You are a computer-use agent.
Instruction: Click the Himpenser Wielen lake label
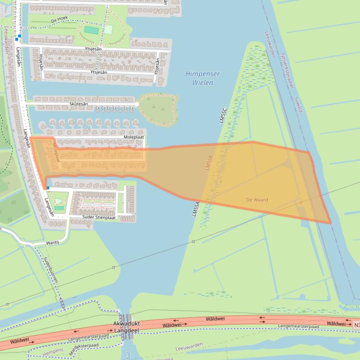(x=202, y=79)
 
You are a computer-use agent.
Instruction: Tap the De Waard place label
(x=257, y=200)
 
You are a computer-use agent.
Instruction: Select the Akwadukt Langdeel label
(x=127, y=327)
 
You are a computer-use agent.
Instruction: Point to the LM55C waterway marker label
(x=223, y=115)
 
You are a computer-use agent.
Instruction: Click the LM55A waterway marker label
(x=196, y=208)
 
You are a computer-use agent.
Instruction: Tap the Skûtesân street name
(x=78, y=104)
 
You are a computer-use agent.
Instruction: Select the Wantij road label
(x=52, y=243)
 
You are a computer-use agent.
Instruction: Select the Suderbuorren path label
(x=51, y=272)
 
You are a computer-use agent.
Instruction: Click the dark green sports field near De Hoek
(x=92, y=30)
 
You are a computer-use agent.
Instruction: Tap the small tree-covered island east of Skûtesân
(x=158, y=108)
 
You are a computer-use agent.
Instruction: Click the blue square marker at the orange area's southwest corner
(x=48, y=188)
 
